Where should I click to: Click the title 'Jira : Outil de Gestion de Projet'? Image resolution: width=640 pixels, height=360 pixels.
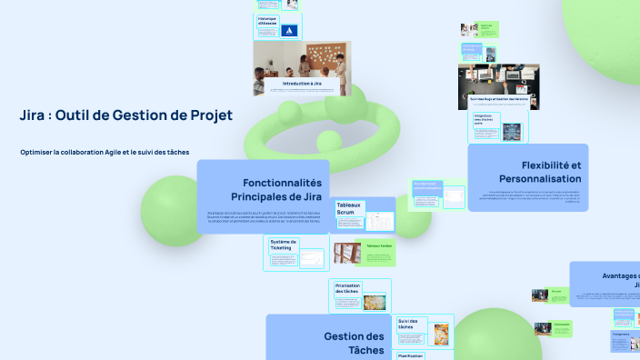(x=126, y=115)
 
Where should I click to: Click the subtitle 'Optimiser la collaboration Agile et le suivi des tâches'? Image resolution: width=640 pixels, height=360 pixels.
(x=105, y=152)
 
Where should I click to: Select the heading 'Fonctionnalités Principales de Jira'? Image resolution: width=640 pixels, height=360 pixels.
(x=276, y=189)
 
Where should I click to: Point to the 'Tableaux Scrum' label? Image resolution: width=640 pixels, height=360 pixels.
(x=349, y=210)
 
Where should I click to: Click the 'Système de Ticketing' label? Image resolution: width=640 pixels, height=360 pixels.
(x=284, y=245)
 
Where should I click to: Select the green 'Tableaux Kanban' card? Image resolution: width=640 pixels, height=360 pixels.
(x=378, y=246)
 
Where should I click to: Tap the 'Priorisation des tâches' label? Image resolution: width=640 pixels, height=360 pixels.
(x=348, y=288)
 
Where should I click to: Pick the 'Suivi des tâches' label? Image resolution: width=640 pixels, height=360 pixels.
(x=409, y=325)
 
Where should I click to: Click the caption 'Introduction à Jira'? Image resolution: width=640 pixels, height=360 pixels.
(x=302, y=84)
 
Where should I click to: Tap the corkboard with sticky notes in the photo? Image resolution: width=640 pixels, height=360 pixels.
(x=321, y=57)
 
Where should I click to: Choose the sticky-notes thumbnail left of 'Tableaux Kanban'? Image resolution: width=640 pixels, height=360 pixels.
(x=344, y=253)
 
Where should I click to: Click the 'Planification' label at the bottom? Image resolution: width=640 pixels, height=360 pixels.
(x=410, y=356)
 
